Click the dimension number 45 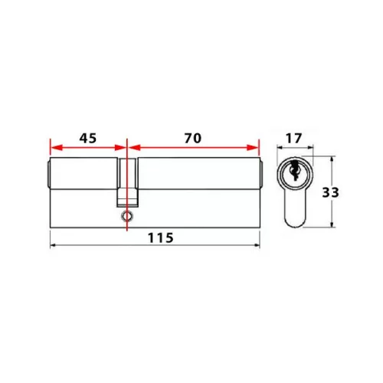(x=88, y=138)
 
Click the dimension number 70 (x=193, y=138)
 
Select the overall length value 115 (x=161, y=237)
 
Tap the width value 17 (x=293, y=138)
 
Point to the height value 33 (x=330, y=192)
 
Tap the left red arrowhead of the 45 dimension (x=56, y=147)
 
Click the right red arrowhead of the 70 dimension (x=253, y=147)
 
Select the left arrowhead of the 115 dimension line (x=54, y=245)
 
